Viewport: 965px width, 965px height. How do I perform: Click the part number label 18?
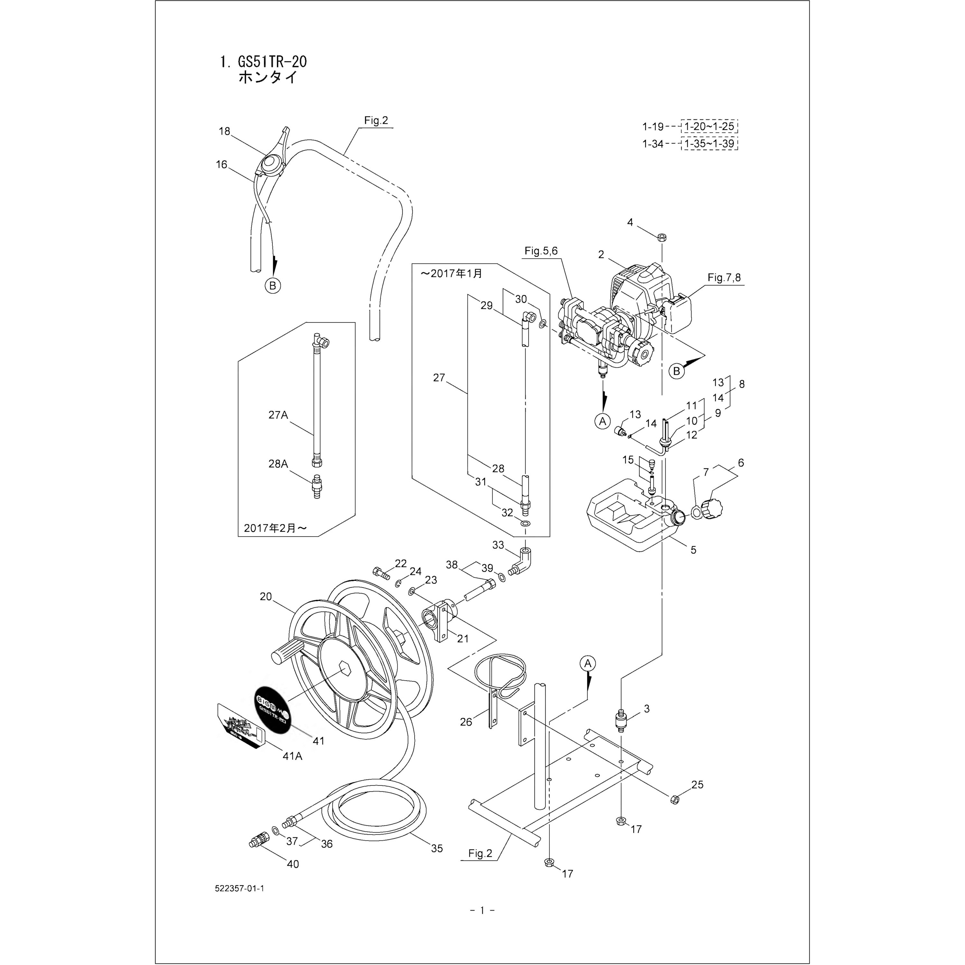(224, 131)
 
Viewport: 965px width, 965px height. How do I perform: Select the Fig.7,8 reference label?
(724, 278)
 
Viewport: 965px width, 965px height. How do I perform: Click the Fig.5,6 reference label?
(541, 251)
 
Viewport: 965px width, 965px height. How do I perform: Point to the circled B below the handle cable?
(273, 286)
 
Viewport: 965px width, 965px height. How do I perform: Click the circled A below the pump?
(603, 421)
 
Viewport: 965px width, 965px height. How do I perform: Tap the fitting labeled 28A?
(317, 486)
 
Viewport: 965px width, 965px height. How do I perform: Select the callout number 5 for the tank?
(693, 550)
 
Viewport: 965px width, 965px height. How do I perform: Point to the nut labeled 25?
(674, 800)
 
